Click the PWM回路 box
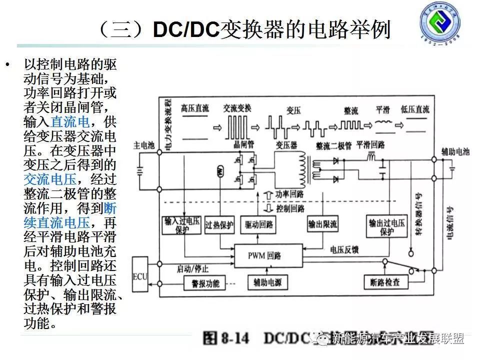[x=268, y=255]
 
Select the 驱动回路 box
[x=258, y=225]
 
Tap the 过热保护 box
[x=219, y=225]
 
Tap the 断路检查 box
[x=386, y=282]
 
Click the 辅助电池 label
[x=454, y=151]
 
